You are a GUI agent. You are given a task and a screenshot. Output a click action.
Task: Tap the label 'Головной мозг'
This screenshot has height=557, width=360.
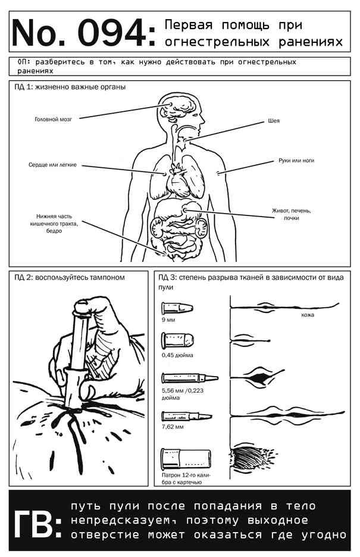[x=54, y=118]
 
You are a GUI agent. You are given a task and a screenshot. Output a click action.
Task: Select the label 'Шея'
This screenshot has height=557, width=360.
[x=274, y=121]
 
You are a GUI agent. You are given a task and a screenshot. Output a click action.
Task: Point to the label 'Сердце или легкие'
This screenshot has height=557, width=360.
[x=52, y=164]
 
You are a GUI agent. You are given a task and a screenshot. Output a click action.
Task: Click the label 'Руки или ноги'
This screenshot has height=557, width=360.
[x=296, y=161]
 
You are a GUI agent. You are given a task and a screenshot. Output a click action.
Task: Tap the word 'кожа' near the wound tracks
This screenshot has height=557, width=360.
[x=308, y=315]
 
